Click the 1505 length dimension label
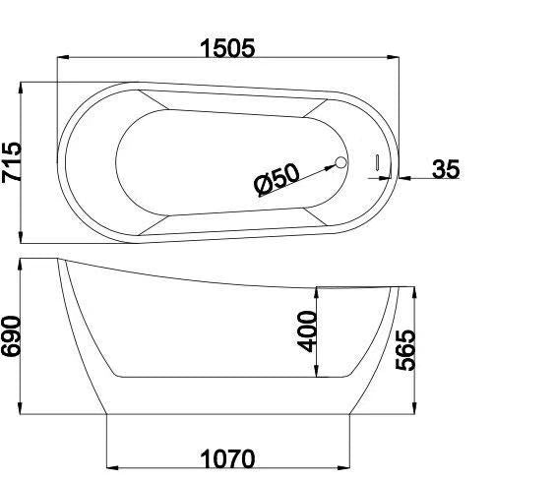pos(227,47)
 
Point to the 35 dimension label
pos(445,169)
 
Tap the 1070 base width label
pos(227,459)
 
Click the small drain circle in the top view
pos(341,164)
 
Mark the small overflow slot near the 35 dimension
pos(375,162)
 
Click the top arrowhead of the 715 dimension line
pos(22,86)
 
